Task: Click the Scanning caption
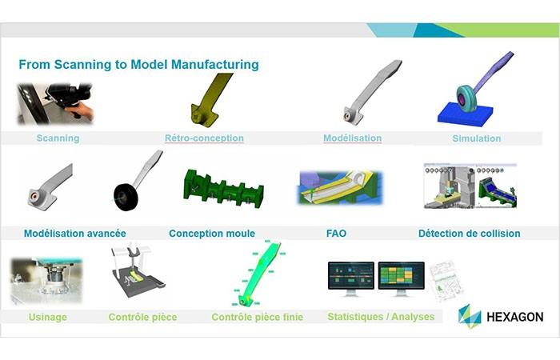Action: point(58,138)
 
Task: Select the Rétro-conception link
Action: point(204,138)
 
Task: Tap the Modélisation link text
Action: point(352,138)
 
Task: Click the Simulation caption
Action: point(477,138)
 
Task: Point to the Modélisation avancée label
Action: point(74,234)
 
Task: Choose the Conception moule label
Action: point(212,234)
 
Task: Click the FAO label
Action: point(336,234)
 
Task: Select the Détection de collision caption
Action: point(469,234)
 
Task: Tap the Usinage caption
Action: point(48,317)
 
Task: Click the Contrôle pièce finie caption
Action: point(257,317)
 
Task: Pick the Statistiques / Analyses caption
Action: point(381,316)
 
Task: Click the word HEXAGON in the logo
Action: point(514,317)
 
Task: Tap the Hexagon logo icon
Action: point(470,315)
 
